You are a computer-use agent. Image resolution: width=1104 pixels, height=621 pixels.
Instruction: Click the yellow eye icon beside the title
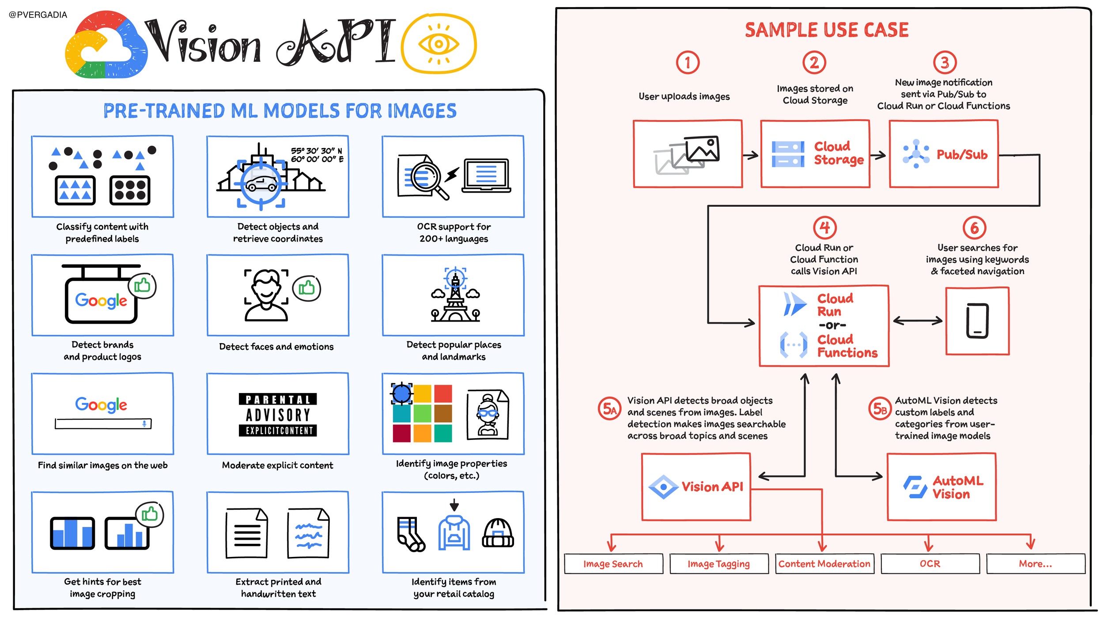(x=439, y=44)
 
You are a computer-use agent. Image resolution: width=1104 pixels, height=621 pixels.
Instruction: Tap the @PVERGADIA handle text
(x=38, y=15)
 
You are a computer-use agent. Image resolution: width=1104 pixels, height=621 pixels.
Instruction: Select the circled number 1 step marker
(x=688, y=63)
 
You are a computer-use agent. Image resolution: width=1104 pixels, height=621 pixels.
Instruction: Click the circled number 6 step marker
(x=974, y=228)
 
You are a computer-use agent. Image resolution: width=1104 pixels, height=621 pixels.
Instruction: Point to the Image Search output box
(x=613, y=564)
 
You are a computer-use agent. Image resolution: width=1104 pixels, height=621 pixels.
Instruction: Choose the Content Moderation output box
(x=824, y=564)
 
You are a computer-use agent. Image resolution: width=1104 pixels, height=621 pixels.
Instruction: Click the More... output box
(x=1036, y=564)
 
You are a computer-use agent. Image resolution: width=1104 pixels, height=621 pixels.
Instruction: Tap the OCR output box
(x=930, y=564)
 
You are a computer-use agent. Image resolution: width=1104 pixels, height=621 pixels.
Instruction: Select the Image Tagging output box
(x=719, y=564)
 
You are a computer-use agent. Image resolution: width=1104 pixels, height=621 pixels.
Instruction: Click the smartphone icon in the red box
(x=977, y=321)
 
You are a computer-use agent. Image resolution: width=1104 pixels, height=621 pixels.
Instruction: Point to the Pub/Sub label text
(x=962, y=155)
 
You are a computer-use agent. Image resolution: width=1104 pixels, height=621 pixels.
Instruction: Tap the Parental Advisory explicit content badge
(x=278, y=414)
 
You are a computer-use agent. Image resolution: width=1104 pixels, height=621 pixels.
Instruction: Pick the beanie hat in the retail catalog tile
(x=498, y=533)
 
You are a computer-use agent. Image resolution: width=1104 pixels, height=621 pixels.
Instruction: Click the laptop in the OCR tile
(x=486, y=175)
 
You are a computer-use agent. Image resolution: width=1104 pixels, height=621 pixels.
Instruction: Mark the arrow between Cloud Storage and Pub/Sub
(x=878, y=155)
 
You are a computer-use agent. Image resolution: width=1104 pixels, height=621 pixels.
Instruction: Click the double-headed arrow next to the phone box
(x=918, y=321)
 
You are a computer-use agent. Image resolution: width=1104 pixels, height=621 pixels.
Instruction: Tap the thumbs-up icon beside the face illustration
(x=306, y=288)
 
